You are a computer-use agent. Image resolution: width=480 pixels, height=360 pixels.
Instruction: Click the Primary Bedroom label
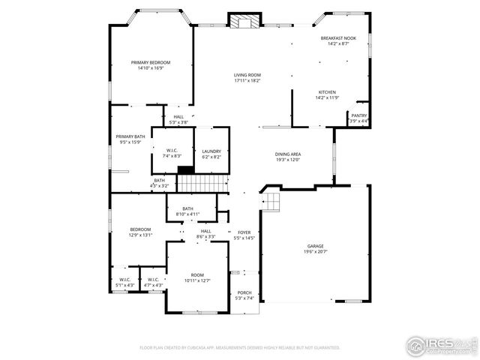point(151,62)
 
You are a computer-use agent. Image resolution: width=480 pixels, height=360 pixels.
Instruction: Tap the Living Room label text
point(247,75)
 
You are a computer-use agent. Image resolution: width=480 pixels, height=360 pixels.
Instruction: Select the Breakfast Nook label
point(338,38)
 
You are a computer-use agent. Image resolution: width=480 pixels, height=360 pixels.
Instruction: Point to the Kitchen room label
point(327,92)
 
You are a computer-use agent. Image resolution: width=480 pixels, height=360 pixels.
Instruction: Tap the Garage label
point(315,246)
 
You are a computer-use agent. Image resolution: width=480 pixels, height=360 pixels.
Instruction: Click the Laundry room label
point(211,151)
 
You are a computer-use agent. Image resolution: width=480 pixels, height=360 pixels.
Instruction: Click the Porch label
point(244,292)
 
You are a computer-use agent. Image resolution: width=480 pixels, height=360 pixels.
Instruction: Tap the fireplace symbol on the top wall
point(244,21)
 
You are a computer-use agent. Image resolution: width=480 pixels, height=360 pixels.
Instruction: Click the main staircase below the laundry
point(202,184)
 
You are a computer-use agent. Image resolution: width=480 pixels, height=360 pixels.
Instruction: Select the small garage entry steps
point(270,201)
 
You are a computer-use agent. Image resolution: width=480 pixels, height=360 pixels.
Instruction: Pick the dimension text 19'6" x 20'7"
point(315,251)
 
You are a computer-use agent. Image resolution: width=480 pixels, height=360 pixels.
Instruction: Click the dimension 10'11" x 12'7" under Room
point(197,281)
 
